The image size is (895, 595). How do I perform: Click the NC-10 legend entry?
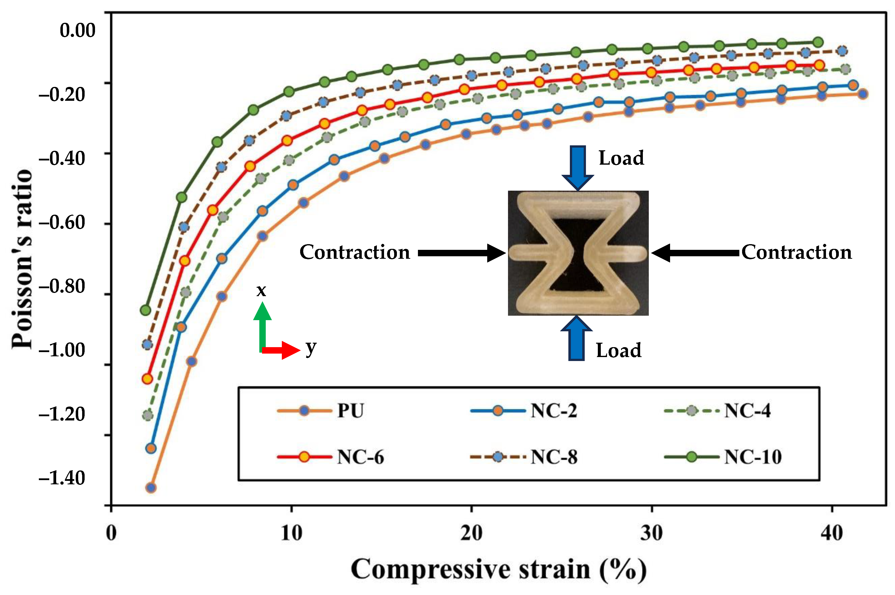(752, 457)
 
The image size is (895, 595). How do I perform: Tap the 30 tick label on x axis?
(652, 533)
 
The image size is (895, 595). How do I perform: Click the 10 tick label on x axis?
(291, 533)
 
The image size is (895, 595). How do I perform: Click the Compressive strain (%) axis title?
(498, 569)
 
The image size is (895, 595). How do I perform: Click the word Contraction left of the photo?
(355, 252)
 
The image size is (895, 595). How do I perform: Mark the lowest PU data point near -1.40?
(151, 488)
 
